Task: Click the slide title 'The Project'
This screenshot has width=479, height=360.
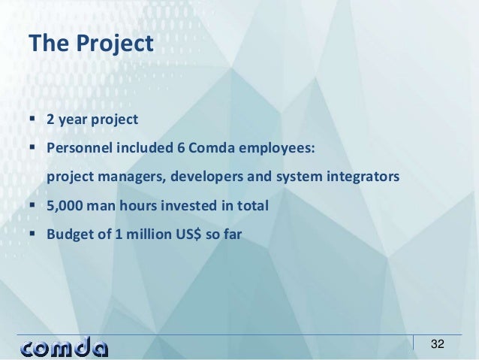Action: [x=90, y=43]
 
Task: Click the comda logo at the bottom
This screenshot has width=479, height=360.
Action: [x=65, y=346]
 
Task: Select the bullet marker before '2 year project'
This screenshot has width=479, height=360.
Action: [x=35, y=119]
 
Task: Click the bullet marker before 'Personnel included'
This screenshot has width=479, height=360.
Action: [x=35, y=148]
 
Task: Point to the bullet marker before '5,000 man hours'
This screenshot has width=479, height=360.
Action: [x=35, y=205]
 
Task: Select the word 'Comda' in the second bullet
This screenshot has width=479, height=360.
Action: [x=210, y=148]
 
